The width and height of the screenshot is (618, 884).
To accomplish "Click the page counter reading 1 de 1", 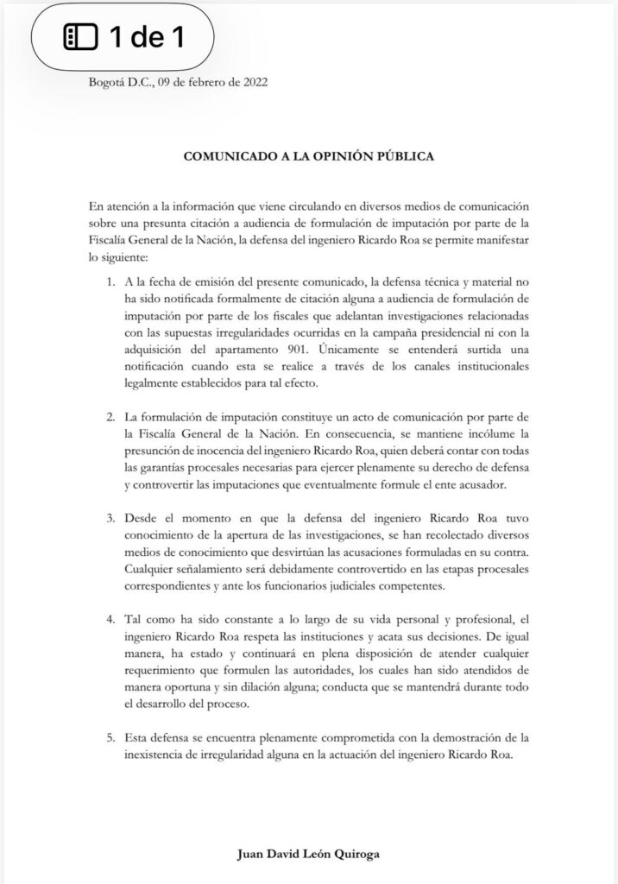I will point(146,37).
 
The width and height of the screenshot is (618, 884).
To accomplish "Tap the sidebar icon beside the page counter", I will point(82,37).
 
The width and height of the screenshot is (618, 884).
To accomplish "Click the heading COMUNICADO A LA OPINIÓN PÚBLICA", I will point(309,158).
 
